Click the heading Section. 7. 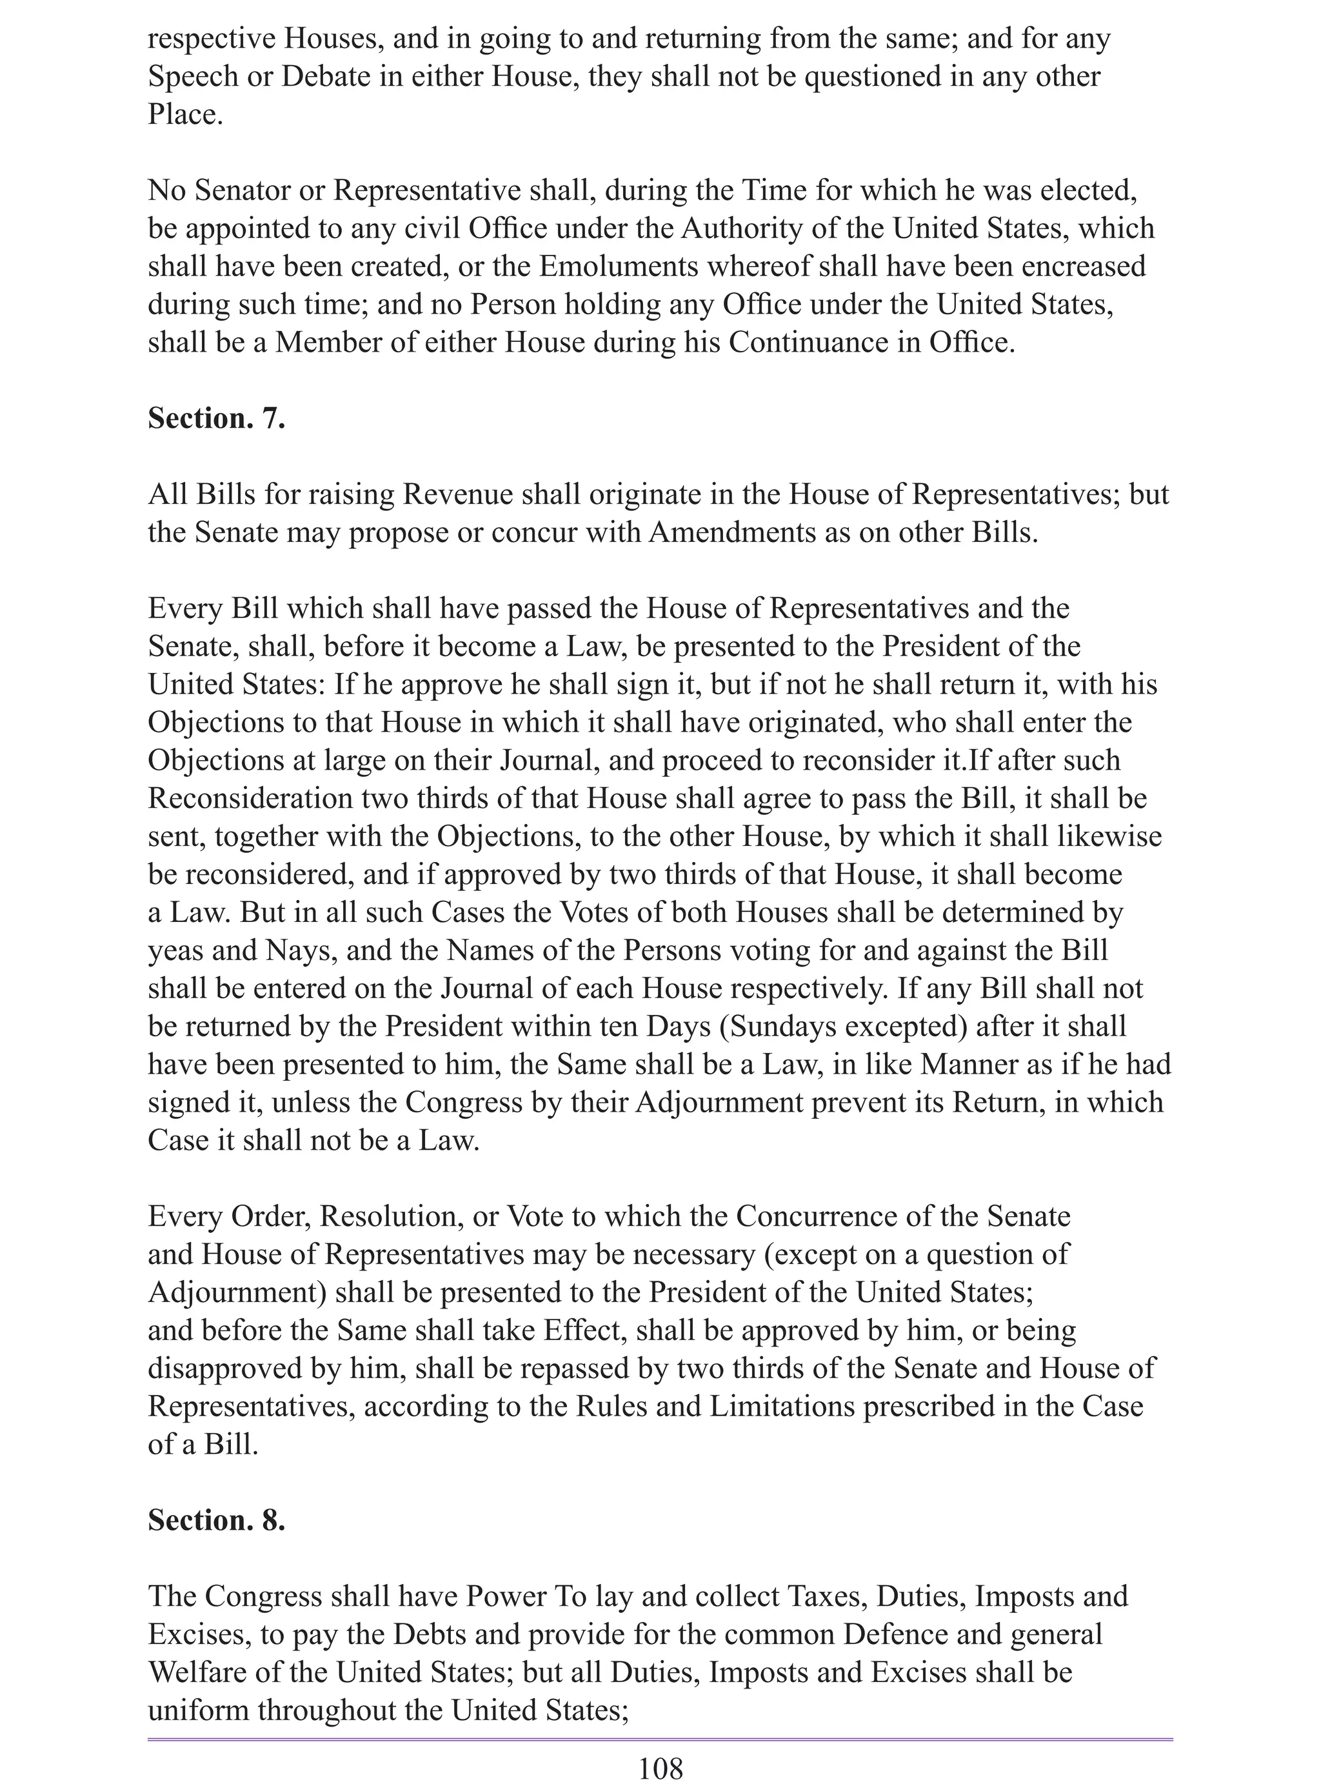click(x=216, y=419)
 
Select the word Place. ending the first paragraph click(x=184, y=114)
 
